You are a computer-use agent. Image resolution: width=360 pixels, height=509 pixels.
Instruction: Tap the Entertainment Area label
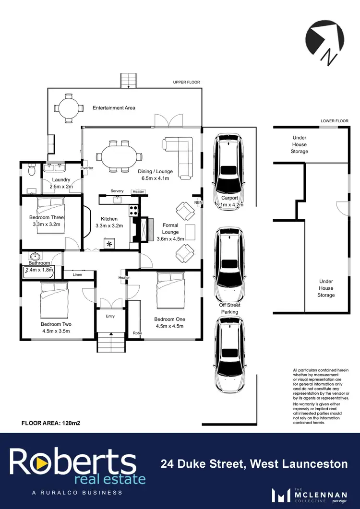[x=114, y=108]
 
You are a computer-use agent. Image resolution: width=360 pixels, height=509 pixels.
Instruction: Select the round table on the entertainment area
[x=66, y=108]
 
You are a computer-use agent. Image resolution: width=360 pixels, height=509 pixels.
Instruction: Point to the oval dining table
[x=119, y=156]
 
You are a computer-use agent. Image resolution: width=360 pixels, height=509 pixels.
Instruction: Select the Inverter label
[x=87, y=168]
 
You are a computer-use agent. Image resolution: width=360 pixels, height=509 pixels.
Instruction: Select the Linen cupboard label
[x=77, y=275]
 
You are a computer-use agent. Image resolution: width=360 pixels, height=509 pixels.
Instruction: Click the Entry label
[x=110, y=316]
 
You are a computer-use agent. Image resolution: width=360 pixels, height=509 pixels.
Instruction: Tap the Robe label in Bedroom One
[x=137, y=333]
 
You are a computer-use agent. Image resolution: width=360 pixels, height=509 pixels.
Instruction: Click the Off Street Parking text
[x=229, y=308]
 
